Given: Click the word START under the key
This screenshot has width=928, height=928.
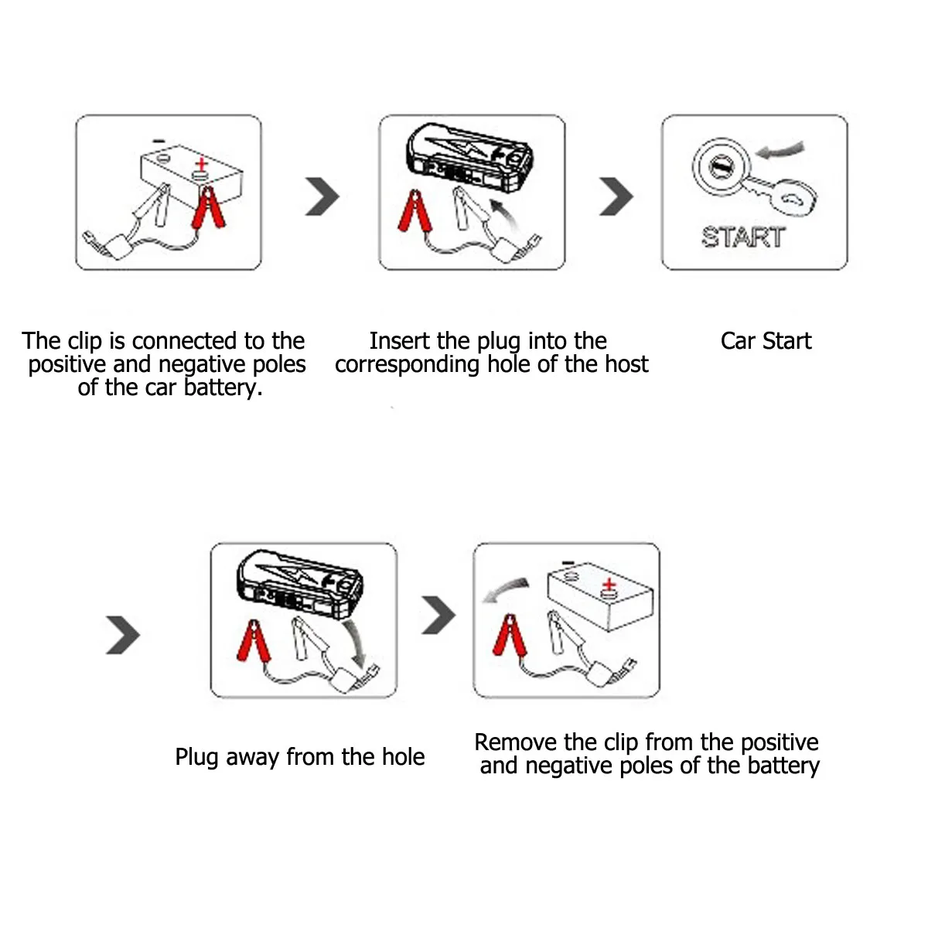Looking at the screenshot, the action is tap(743, 237).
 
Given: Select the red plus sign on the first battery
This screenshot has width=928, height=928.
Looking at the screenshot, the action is tap(201, 164).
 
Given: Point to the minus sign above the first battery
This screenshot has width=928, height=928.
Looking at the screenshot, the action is tap(159, 141).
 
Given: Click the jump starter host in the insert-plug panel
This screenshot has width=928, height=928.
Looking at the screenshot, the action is tap(469, 159).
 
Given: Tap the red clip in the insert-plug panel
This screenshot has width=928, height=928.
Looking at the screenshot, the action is tap(415, 211).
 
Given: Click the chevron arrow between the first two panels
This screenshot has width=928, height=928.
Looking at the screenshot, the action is tap(322, 196).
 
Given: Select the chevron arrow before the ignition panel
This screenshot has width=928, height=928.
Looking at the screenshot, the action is tap(616, 196).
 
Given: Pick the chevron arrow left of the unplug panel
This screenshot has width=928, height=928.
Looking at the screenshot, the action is tap(123, 635).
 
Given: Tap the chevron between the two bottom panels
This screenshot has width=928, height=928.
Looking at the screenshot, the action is tap(438, 615).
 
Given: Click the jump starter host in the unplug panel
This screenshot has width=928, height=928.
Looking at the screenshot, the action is tap(299, 583).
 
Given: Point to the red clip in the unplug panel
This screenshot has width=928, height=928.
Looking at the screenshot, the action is tap(254, 641).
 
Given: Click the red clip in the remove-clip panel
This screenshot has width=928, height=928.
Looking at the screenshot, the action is tap(510, 635).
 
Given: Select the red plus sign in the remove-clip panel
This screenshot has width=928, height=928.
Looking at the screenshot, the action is tap(609, 585).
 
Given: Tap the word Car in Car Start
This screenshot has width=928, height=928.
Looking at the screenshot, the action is tap(738, 341).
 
